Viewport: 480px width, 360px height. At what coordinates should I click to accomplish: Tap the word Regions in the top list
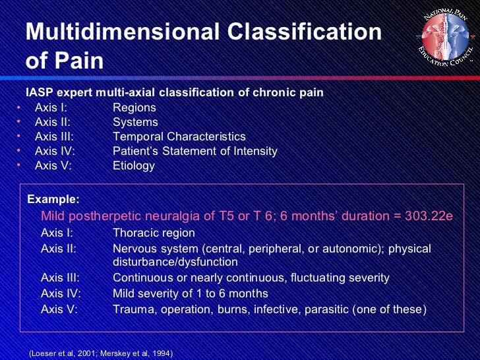pos(135,107)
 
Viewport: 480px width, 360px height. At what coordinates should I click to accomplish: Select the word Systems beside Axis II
pos(135,122)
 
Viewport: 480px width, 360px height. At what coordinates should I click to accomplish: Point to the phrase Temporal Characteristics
pos(179,136)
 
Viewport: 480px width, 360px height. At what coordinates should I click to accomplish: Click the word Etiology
pos(134,165)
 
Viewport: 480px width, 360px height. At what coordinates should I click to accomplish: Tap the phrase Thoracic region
pos(154,233)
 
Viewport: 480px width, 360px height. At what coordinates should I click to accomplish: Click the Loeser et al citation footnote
pos(101,354)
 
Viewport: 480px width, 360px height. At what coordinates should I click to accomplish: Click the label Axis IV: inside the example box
pos(61,293)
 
